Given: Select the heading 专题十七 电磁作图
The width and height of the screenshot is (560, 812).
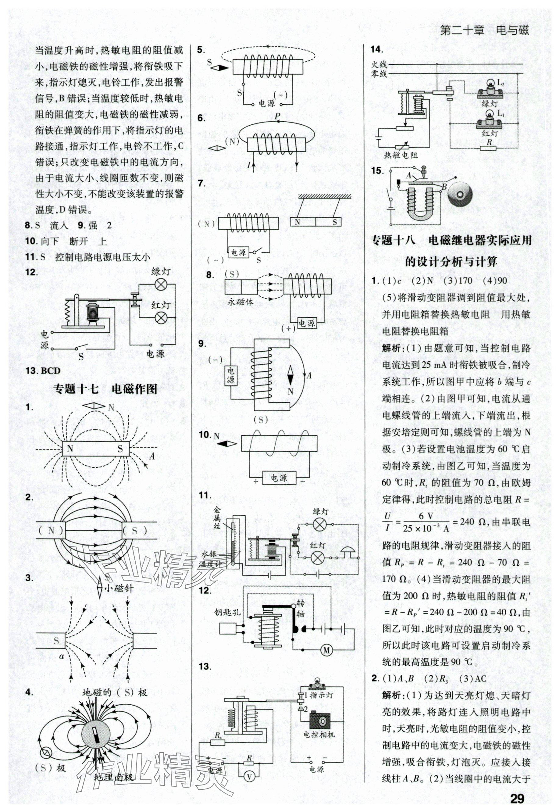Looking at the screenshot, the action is click(105, 388).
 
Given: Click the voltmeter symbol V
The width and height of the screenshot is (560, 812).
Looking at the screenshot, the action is click(249, 777).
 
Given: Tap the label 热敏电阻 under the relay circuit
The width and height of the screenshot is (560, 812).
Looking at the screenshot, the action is click(400, 154).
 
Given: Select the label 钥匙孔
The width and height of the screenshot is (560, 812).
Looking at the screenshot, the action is click(228, 612).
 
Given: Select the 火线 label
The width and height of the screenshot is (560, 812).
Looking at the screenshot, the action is click(379, 64).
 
